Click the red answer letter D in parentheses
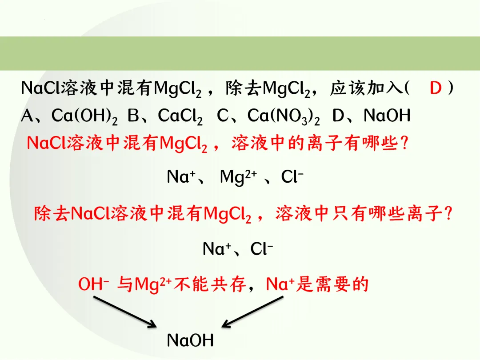tap(436, 88)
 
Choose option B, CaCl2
tap(165, 116)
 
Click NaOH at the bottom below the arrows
tap(190, 340)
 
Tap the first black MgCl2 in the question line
tap(178, 89)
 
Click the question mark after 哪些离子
tap(448, 214)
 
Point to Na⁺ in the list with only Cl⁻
tap(216, 249)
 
